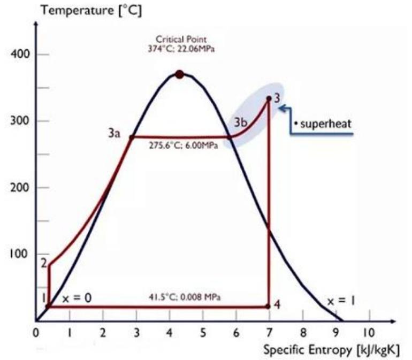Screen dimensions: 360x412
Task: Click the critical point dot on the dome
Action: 180,74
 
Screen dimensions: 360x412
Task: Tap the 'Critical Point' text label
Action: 178,39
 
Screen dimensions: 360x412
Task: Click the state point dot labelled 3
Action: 269,98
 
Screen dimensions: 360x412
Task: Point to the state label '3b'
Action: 240,122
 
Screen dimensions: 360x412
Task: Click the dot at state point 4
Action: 269,307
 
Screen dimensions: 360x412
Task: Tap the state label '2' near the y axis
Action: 44,263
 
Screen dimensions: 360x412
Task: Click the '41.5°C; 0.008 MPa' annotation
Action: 184,296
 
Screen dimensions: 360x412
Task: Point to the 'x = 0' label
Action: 74,298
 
